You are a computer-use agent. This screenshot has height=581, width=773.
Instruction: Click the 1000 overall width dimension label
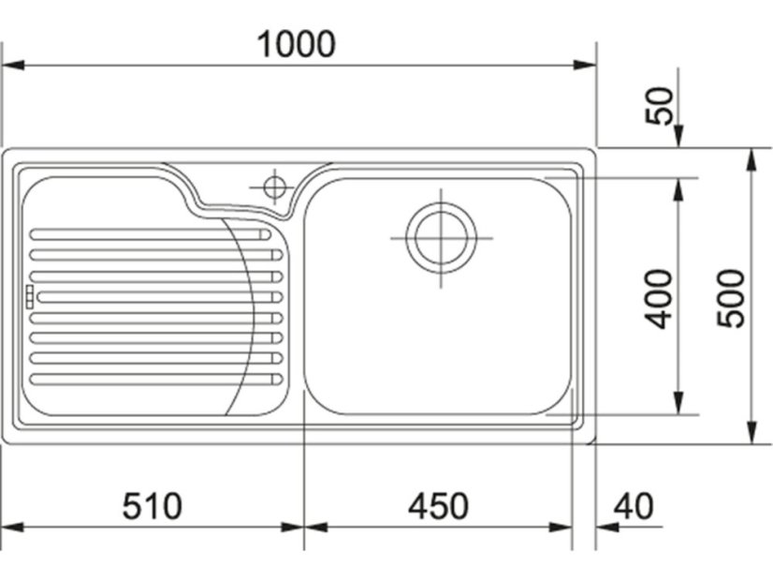(x=297, y=44)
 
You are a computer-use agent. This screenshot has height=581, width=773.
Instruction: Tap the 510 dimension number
(x=153, y=506)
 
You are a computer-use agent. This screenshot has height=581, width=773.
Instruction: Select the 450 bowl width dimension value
(x=438, y=506)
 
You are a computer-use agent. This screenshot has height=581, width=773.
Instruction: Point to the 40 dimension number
(x=634, y=506)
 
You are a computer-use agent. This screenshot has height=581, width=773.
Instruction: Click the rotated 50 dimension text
(x=660, y=106)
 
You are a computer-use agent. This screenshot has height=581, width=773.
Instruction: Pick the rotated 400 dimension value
(x=659, y=299)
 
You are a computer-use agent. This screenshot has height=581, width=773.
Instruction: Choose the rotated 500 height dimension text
(x=731, y=298)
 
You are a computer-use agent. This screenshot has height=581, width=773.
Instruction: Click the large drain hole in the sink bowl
(x=441, y=237)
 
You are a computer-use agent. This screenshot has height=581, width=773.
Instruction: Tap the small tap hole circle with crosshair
(x=274, y=187)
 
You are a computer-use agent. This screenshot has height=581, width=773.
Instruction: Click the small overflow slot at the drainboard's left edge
(x=29, y=297)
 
